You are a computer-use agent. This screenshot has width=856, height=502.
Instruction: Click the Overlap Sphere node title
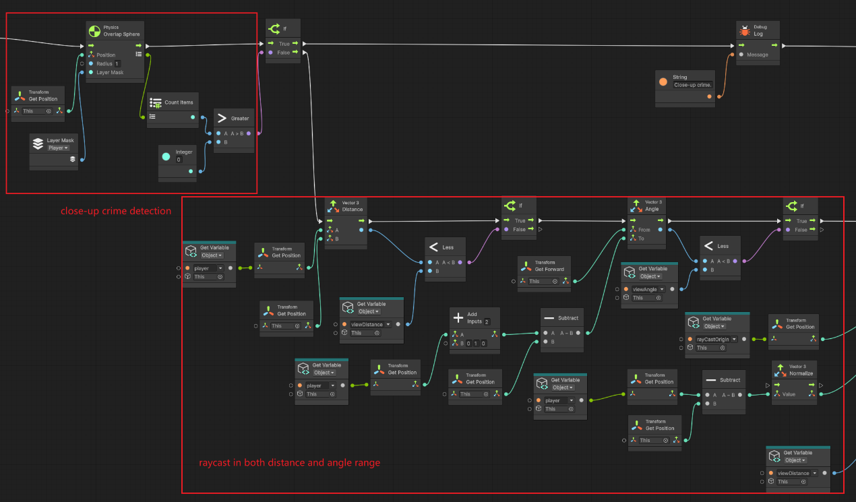pyautogui.click(x=121, y=34)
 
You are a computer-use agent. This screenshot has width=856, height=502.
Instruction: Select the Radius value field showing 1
pyautogui.click(x=117, y=64)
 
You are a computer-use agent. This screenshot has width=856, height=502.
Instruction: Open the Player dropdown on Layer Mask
pyautogui.click(x=58, y=148)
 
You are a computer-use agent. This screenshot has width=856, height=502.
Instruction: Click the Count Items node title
pyautogui.click(x=179, y=102)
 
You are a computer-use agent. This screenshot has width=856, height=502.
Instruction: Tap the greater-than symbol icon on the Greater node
pyautogui.click(x=222, y=118)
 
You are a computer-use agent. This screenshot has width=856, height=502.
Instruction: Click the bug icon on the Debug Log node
pyautogui.click(x=745, y=30)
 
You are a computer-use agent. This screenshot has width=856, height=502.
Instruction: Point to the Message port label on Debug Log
pyautogui.click(x=757, y=55)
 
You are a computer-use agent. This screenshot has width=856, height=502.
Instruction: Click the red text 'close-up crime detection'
pyautogui.click(x=116, y=211)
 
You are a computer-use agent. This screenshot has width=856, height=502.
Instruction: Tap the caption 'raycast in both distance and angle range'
pyautogui.click(x=289, y=463)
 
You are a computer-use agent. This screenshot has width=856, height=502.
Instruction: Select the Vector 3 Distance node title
pyautogui.click(x=352, y=209)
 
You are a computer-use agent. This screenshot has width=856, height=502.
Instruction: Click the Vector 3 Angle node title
pyautogui.click(x=652, y=209)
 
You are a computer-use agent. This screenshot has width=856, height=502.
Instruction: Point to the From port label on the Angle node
pyautogui.click(x=644, y=230)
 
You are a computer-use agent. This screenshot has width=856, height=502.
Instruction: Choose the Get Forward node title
pyautogui.click(x=549, y=269)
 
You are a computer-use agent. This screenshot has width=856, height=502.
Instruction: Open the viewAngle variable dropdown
pyautogui.click(x=646, y=289)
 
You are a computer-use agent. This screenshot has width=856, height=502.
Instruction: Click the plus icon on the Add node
pyautogui.click(x=458, y=317)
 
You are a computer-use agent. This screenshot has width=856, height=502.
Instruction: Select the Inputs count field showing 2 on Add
pyautogui.click(x=487, y=321)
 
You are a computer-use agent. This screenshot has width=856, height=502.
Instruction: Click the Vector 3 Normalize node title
pyautogui.click(x=801, y=373)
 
